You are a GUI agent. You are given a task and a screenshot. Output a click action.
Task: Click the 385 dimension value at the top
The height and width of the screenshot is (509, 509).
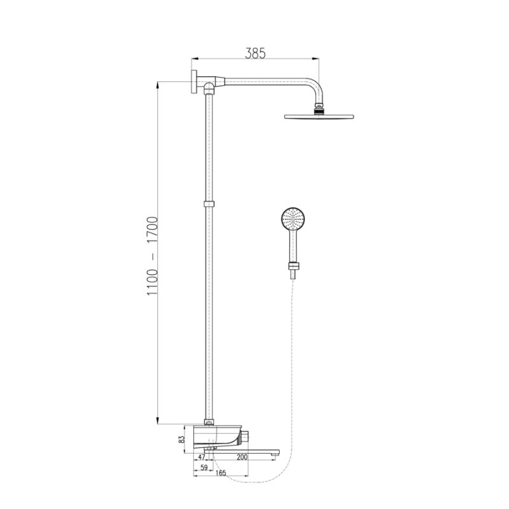(255, 53)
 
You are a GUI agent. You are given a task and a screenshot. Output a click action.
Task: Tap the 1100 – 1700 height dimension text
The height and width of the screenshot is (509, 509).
(152, 256)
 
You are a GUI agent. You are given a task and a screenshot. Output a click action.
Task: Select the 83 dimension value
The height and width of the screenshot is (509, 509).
(182, 440)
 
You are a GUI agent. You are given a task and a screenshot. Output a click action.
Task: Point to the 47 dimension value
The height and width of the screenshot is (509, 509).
(202, 457)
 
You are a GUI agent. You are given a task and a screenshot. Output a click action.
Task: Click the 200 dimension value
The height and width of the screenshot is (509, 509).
(242, 457)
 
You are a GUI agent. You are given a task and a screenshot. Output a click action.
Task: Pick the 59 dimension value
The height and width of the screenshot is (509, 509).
(204, 468)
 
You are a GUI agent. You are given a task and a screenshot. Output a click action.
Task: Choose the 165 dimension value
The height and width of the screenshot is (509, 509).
(220, 473)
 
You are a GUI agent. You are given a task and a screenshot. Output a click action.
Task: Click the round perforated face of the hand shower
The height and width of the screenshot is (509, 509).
(293, 218)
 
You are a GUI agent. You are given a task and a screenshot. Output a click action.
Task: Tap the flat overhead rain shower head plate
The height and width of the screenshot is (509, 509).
(319, 116)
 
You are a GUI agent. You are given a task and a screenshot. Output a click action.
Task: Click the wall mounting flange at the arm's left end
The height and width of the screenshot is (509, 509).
(194, 81)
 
